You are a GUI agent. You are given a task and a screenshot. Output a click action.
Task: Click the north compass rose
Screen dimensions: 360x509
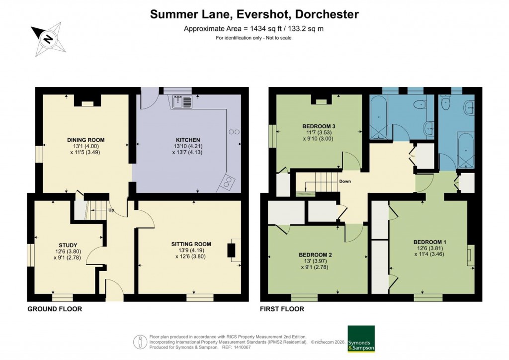[48, 38]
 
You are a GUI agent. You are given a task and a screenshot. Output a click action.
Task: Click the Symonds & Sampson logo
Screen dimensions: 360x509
[361, 339]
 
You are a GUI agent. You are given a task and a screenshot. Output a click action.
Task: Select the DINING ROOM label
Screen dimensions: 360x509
[86, 140]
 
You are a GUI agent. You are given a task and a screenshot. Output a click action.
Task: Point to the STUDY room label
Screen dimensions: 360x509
[68, 245]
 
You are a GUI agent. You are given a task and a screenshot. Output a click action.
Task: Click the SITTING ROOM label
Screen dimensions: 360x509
[191, 244]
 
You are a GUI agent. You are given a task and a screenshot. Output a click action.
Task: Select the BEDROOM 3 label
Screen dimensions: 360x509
[319, 126]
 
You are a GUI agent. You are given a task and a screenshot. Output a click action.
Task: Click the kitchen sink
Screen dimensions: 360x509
[182, 102]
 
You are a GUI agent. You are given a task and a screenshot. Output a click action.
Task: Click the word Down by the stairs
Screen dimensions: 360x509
[345, 181]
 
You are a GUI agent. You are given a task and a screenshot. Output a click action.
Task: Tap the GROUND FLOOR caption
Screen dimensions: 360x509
[55, 309]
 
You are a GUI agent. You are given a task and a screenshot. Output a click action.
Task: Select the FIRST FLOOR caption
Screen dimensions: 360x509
[282, 309]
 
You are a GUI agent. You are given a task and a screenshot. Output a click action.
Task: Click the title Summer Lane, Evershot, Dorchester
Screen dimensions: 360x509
[254, 14]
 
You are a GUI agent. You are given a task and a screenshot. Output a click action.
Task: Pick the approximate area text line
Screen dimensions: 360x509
[254, 28]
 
